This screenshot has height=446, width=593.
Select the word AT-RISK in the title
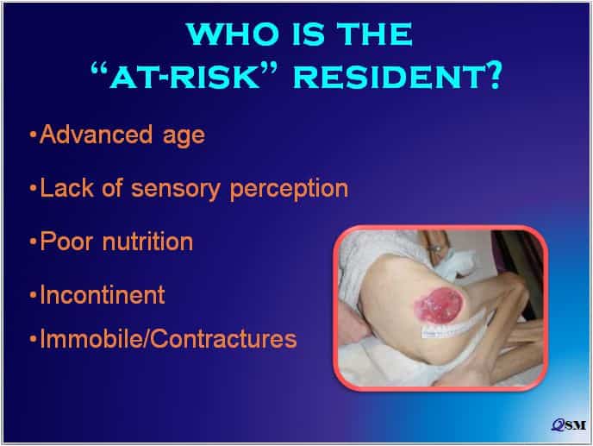[x=184, y=78]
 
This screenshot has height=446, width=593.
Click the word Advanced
[x=97, y=134]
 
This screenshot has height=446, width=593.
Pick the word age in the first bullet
[x=184, y=137]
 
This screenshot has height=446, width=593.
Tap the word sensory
[x=176, y=189]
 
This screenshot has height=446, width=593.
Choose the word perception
[x=289, y=189]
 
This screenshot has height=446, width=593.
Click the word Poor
[x=66, y=241]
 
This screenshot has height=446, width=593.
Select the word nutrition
[x=148, y=241]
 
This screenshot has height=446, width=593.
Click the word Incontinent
[x=103, y=294]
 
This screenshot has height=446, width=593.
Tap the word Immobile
[x=93, y=338]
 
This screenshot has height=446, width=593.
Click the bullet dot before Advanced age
[x=34, y=135]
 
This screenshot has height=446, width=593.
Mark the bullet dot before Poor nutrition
[x=34, y=242]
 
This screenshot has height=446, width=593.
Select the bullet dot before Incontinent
[x=34, y=295]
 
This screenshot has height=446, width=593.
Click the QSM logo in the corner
[x=568, y=425]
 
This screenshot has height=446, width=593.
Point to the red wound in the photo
[x=439, y=305]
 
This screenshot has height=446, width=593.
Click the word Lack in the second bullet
[x=67, y=188]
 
